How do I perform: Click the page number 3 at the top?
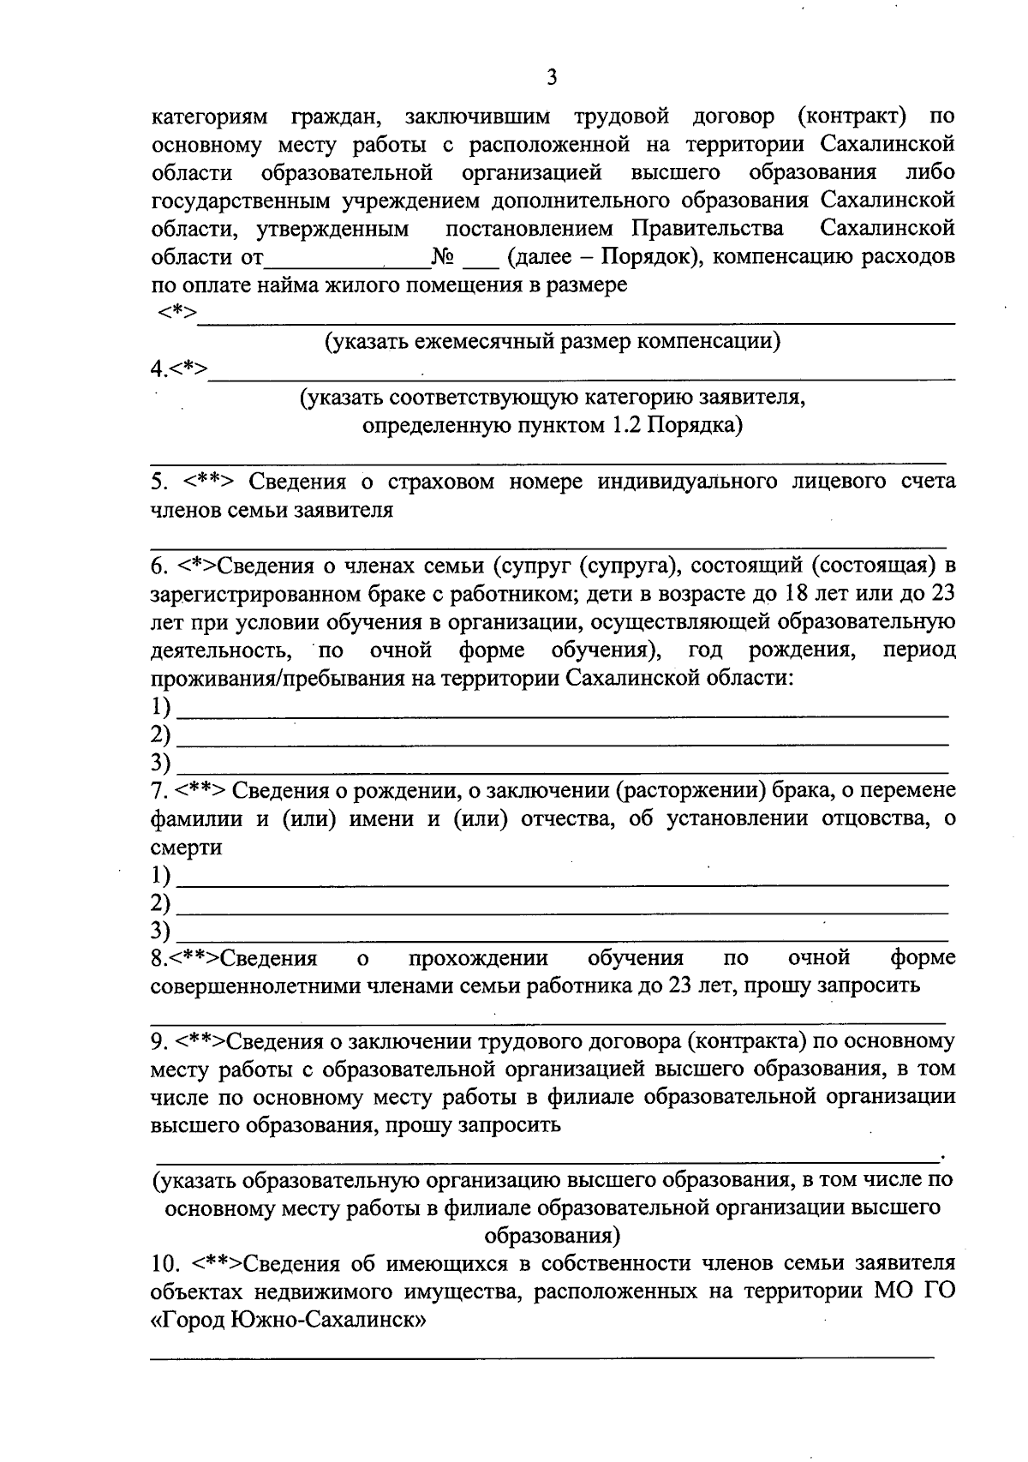552,78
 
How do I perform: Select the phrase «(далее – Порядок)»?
604,256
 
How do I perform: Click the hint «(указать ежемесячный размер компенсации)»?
552,341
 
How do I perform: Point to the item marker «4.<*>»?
178,369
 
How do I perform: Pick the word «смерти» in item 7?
186,847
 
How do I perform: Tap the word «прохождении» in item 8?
478,957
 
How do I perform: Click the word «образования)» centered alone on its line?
552,1236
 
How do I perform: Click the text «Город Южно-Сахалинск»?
289,1321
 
